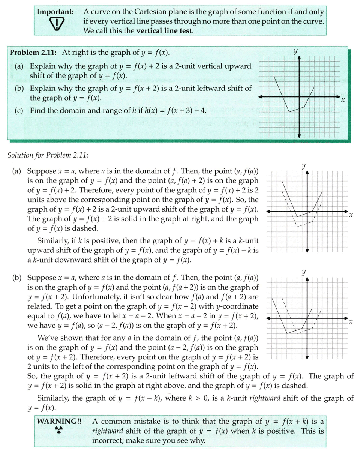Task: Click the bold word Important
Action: pos(55,11)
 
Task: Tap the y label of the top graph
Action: pos(296,51)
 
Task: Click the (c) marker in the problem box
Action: pos(20,111)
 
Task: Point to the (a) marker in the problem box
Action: pos(19,66)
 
